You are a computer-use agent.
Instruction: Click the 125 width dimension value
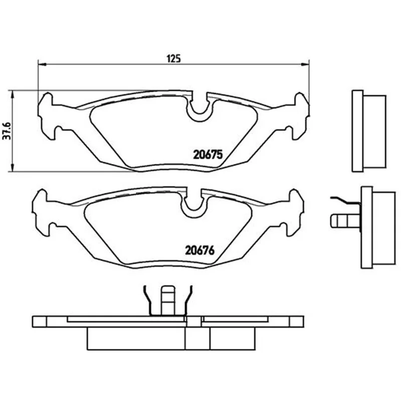click(x=173, y=59)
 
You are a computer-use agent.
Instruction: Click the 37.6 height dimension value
click(x=8, y=131)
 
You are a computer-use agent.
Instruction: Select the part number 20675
click(x=208, y=154)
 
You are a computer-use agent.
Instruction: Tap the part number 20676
click(x=199, y=251)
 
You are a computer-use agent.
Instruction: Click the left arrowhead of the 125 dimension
click(x=42, y=64)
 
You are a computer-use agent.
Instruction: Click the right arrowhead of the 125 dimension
click(x=305, y=64)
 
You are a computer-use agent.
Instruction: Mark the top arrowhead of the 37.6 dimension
click(x=12, y=94)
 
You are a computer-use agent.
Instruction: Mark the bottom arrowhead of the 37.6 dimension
click(x=12, y=168)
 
